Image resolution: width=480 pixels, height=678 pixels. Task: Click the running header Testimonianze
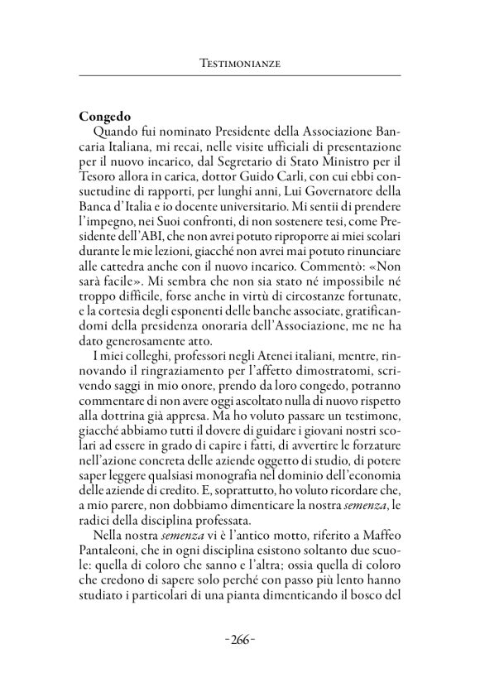click(x=240, y=62)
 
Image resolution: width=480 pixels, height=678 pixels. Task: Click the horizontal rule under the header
click(x=240, y=77)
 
